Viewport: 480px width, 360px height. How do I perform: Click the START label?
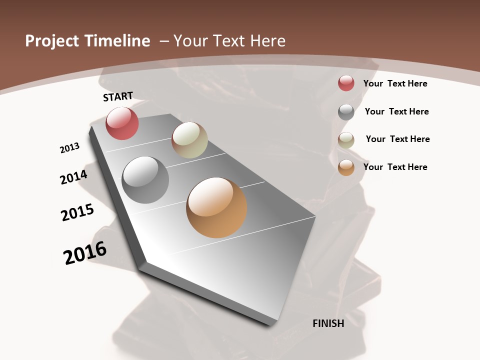coord(118,96)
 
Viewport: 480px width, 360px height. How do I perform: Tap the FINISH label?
coord(328,323)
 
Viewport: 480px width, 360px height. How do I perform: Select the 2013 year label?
coord(69,148)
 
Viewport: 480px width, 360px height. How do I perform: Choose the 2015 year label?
coord(77,212)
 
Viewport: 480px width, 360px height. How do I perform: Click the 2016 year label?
coord(85,253)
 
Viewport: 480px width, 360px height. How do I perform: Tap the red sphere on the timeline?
coord(122,123)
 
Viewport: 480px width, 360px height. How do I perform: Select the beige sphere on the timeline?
coord(189,140)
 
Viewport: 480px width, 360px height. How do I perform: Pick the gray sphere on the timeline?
coord(145,180)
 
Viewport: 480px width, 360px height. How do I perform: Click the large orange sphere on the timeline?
coord(216,207)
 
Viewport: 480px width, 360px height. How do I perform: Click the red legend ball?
coord(346,83)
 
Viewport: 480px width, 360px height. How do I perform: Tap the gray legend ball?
coord(346,112)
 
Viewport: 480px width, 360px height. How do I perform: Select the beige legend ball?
coord(346,140)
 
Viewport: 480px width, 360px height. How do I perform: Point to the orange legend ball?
coord(346,167)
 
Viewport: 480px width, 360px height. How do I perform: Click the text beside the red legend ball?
coord(395,83)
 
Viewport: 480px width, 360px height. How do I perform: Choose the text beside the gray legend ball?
coord(396,111)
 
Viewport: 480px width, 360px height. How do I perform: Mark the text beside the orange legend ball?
coord(395,167)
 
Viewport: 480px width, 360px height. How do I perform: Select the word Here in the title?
coord(266,41)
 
